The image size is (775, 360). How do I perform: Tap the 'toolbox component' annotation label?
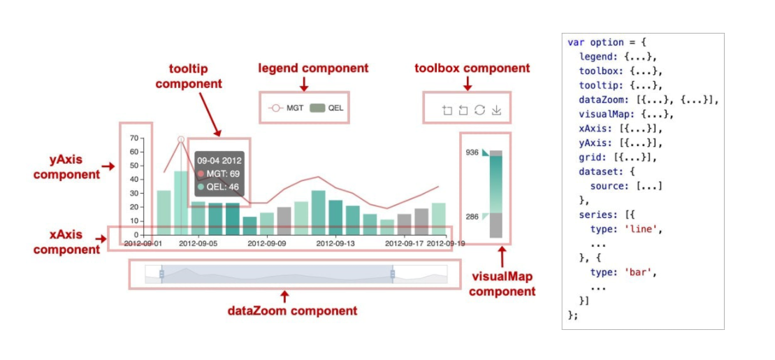pyautogui.click(x=472, y=69)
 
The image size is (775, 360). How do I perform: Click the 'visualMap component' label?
pyautogui.click(x=502, y=284)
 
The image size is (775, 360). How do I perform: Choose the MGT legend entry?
pyautogui.click(x=286, y=108)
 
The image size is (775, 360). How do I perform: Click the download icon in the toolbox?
pyautogui.click(x=496, y=110)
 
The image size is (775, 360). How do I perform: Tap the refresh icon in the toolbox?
pyautogui.click(x=479, y=110)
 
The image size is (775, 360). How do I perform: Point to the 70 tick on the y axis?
pyautogui.click(x=135, y=138)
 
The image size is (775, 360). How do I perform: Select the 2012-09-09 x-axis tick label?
pyautogui.click(x=267, y=244)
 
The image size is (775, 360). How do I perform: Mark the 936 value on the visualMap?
pyautogui.click(x=472, y=152)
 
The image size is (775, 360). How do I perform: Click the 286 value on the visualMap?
pyautogui.click(x=472, y=217)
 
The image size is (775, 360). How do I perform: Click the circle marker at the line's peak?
pyautogui.click(x=181, y=140)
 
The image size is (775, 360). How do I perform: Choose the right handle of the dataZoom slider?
pyautogui.click(x=392, y=274)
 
